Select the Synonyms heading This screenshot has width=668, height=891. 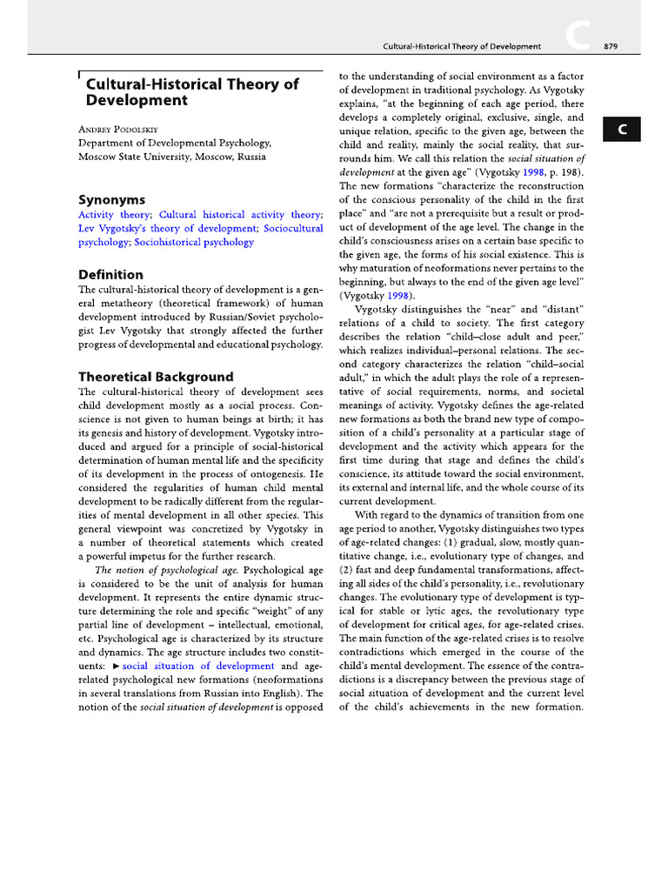point(111,198)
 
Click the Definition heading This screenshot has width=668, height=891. point(110,274)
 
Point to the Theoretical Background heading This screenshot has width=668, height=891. point(156,377)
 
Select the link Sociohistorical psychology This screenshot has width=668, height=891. point(194,242)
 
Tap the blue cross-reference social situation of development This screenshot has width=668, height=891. point(198,666)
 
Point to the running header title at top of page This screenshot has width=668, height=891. point(462,46)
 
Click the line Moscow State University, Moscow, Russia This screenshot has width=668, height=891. point(172,157)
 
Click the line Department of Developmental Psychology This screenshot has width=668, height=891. point(175,143)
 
